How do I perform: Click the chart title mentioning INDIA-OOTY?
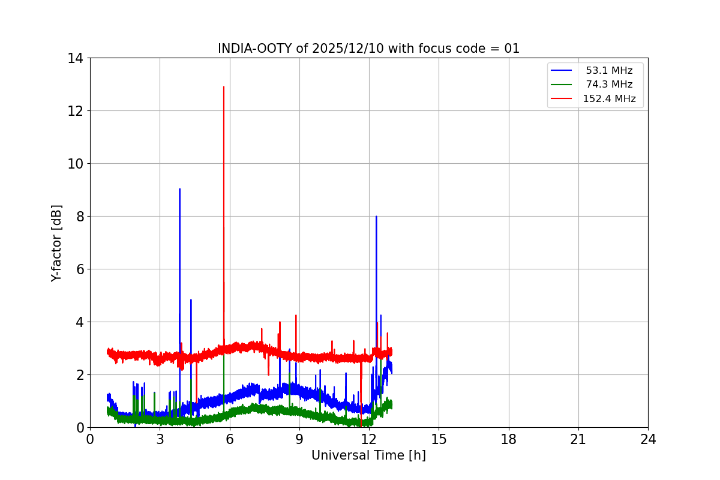point(368,49)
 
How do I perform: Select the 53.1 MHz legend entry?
point(609,71)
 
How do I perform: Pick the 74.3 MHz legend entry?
point(609,85)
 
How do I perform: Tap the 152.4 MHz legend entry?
point(609,99)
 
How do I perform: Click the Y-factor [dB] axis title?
point(56,243)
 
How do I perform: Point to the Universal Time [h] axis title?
point(368,455)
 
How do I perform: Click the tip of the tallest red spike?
point(224,87)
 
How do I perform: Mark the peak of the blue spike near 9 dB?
point(179,189)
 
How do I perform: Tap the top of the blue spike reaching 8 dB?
point(376,217)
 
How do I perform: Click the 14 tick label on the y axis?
point(76,58)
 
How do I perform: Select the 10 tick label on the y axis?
point(76,164)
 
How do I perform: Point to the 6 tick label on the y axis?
point(79,269)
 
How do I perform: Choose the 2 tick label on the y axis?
point(79,375)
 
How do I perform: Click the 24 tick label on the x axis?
point(648,440)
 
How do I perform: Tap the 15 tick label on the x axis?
point(439,440)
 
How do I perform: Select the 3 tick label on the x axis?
point(160,440)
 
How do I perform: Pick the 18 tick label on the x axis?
point(509,440)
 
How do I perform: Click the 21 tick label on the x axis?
point(578,440)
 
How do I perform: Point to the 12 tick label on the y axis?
point(76,111)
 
